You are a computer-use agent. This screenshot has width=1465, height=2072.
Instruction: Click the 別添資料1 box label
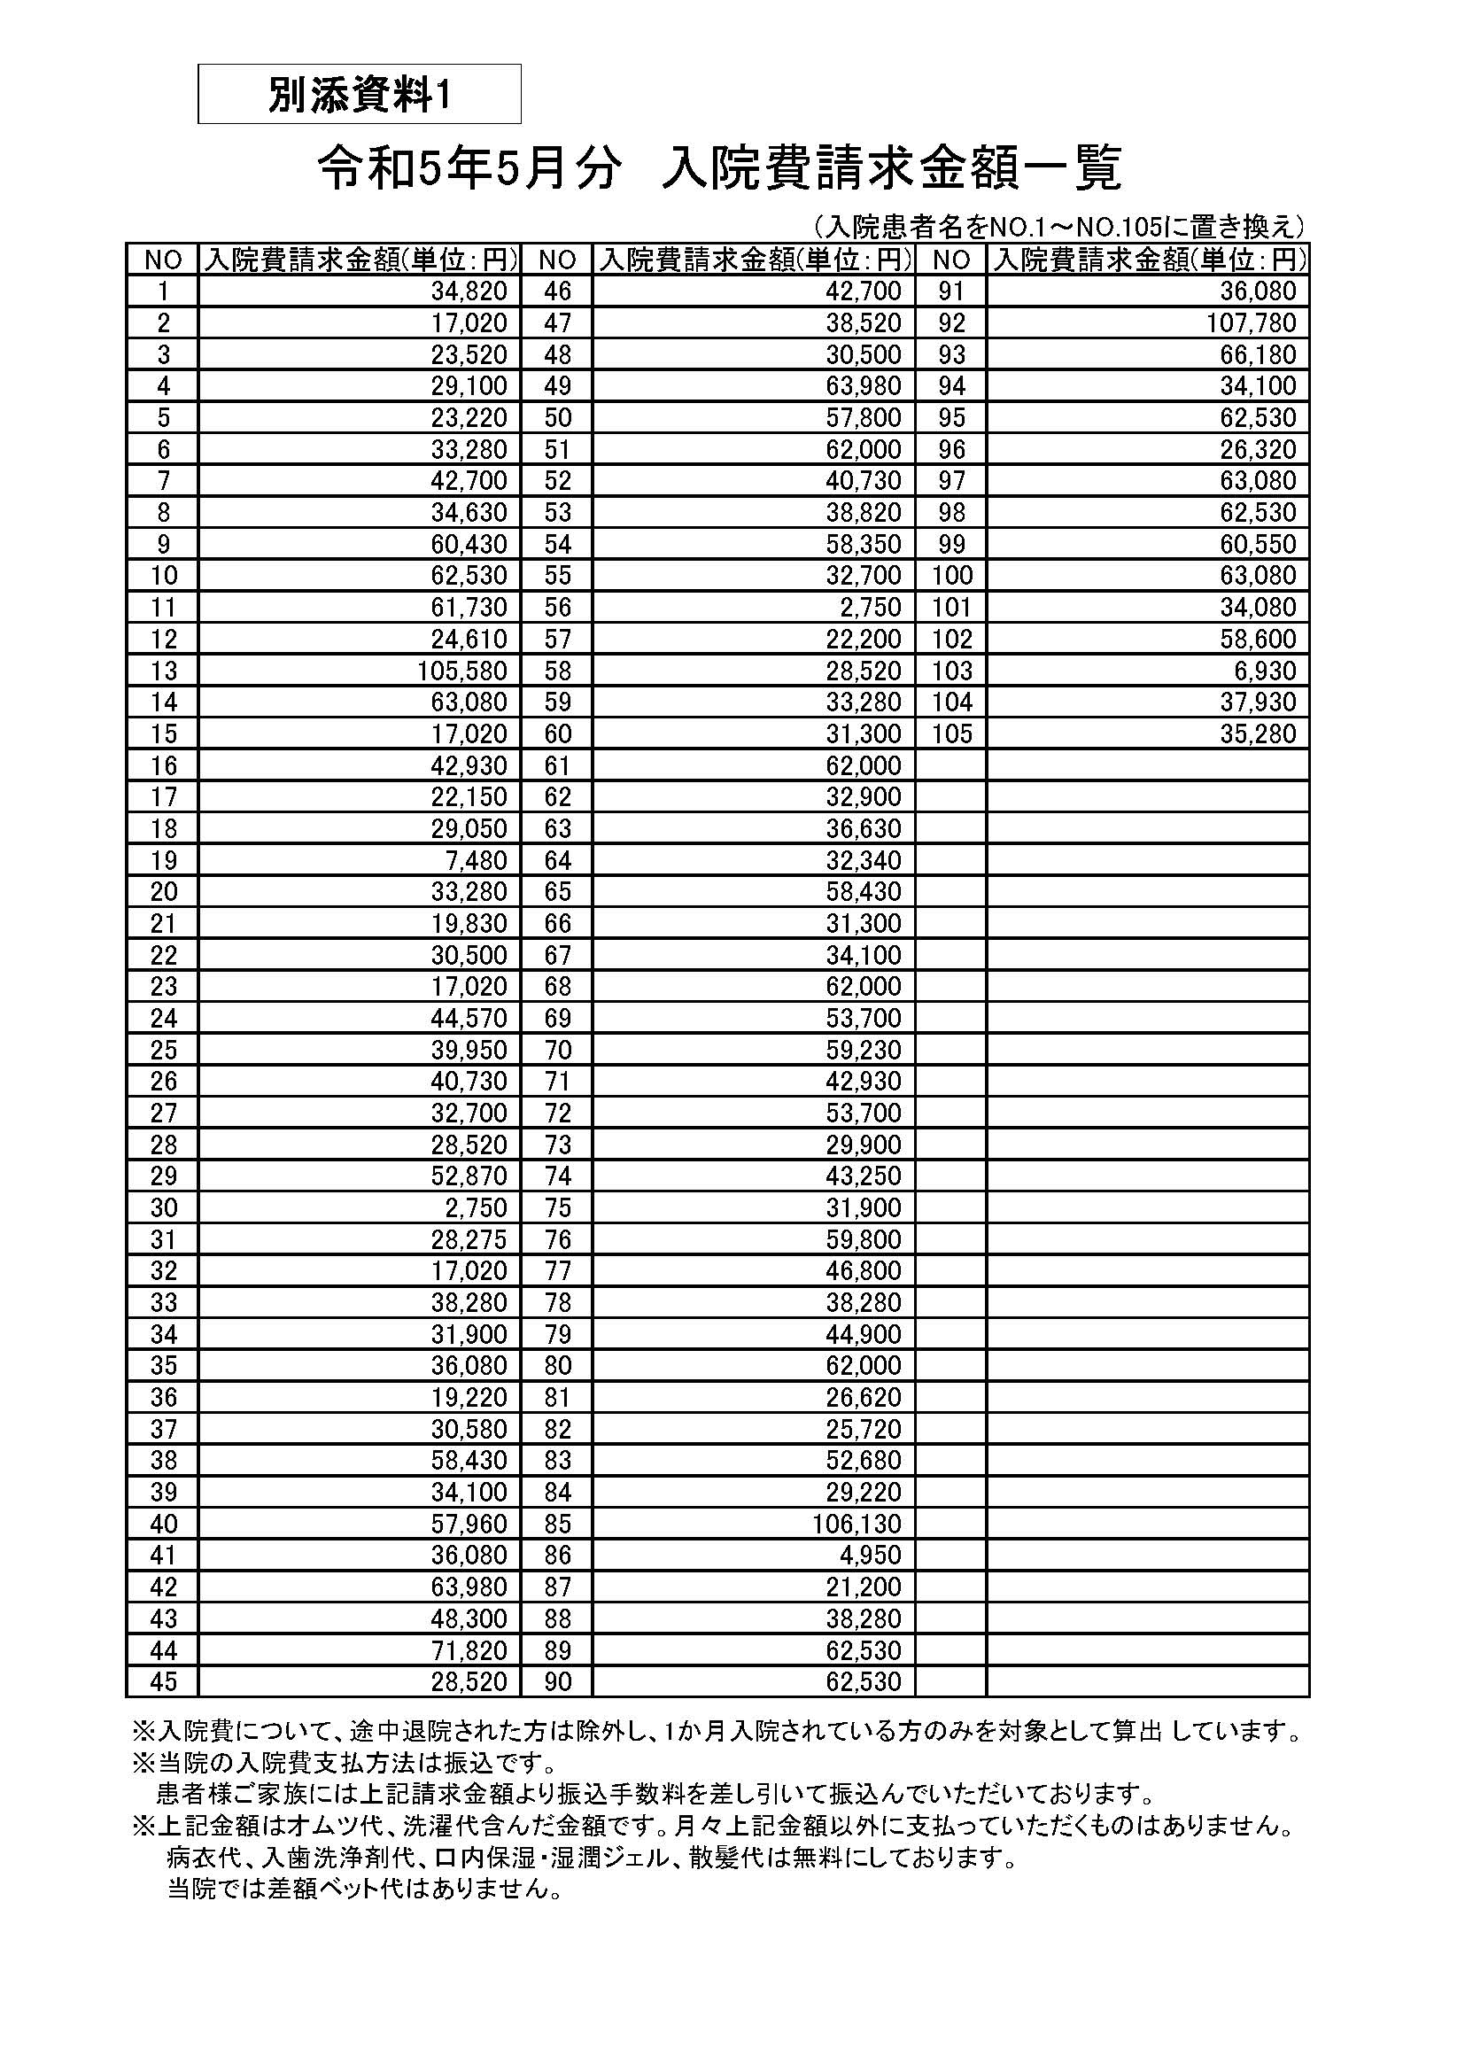pos(359,95)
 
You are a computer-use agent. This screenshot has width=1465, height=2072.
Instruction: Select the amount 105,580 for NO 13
pos(462,671)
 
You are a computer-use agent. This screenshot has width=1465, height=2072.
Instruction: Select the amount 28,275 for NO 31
pos(469,1239)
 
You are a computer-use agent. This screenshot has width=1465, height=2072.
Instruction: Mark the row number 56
pos(557,608)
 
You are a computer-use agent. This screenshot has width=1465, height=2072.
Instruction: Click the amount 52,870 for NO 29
pos(469,1176)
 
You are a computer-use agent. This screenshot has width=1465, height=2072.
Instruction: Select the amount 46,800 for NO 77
pos(864,1270)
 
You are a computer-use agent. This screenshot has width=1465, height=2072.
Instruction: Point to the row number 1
pos(163,291)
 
